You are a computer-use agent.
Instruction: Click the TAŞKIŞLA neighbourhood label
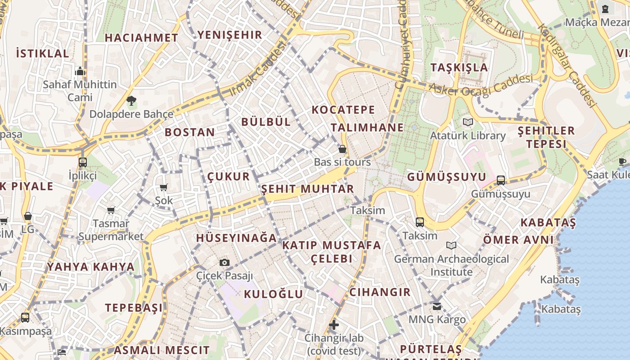(459, 67)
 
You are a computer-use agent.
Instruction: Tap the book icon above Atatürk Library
(468, 122)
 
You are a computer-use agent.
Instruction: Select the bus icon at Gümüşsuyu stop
(501, 180)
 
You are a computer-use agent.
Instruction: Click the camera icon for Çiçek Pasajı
(225, 262)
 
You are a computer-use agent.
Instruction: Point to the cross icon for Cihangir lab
(334, 324)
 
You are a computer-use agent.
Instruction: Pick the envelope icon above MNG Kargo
(437, 306)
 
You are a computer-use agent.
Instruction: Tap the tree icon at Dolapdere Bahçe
(131, 101)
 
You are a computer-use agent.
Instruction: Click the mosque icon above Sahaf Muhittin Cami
(80, 71)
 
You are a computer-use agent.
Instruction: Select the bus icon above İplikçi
(82, 162)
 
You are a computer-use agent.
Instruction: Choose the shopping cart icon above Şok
(164, 187)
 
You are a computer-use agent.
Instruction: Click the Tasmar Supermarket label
(111, 229)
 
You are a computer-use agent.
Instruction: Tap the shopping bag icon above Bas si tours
(342, 149)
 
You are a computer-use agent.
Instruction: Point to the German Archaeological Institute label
(451, 265)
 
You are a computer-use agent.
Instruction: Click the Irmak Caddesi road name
(258, 69)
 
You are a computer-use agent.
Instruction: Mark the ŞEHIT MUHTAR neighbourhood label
(308, 189)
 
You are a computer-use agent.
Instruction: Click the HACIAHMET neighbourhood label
(141, 38)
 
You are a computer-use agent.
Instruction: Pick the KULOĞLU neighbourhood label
(273, 294)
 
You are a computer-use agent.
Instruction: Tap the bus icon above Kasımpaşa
(25, 318)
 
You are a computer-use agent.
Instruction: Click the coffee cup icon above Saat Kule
(622, 162)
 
